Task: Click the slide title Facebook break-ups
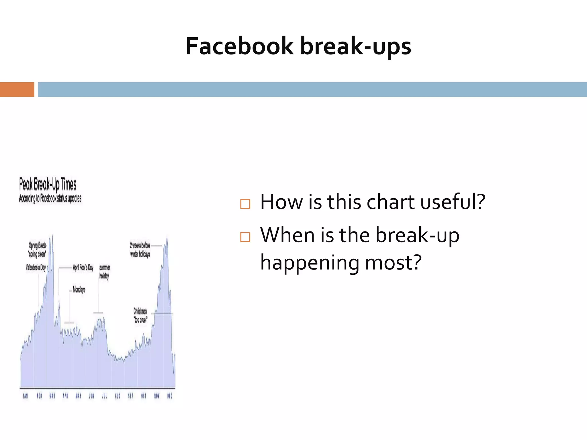pyautogui.click(x=298, y=46)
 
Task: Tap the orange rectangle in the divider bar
pyautogui.click(x=17, y=89)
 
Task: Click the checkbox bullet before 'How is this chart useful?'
pyautogui.click(x=245, y=204)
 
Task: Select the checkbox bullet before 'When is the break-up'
pyautogui.click(x=245, y=237)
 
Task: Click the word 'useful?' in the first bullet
pyautogui.click(x=453, y=202)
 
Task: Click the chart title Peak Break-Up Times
pyautogui.click(x=48, y=184)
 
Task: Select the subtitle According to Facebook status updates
pyautogui.click(x=50, y=198)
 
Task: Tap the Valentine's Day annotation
pyautogui.click(x=36, y=268)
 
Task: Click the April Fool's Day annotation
pyautogui.click(x=83, y=268)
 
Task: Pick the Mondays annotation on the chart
pyautogui.click(x=79, y=289)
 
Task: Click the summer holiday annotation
pyautogui.click(x=104, y=272)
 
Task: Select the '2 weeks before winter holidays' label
pyautogui.click(x=140, y=250)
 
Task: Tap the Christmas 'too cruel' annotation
pyautogui.click(x=140, y=315)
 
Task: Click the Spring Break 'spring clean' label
pyautogui.click(x=37, y=250)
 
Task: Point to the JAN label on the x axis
pyautogui.click(x=25, y=396)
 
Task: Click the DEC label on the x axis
pyautogui.click(x=170, y=396)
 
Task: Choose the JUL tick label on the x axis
pyautogui.click(x=104, y=396)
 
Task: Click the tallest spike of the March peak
pyautogui.click(x=52, y=236)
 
